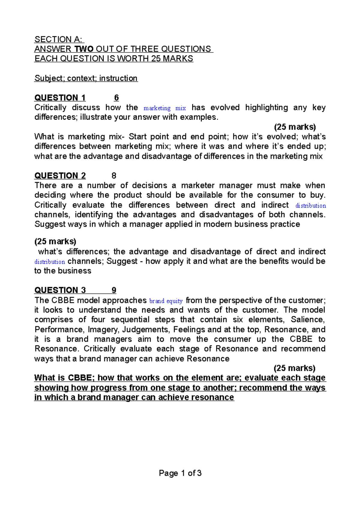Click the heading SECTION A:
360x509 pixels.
pyautogui.click(x=59, y=39)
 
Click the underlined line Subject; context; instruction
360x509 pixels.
pyautogui.click(x=86, y=78)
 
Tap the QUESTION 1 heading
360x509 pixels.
pyautogui.click(x=60, y=98)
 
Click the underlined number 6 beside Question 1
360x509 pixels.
pyautogui.click(x=116, y=98)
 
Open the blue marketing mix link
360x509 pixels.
pyautogui.click(x=165, y=108)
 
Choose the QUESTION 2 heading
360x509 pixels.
pyautogui.click(x=60, y=176)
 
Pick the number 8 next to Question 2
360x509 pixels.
pyautogui.click(x=114, y=176)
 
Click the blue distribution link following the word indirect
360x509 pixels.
pyautogui.click(x=310, y=206)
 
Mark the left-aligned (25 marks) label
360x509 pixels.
pyautogui.click(x=55, y=241)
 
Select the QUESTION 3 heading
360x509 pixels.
pyautogui.click(x=60, y=290)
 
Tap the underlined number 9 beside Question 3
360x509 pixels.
pyautogui.click(x=114, y=290)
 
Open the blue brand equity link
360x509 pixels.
pyautogui.click(x=166, y=301)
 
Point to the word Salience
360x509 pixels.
pyautogui.click(x=307, y=320)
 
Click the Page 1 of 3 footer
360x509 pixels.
pyautogui.click(x=180, y=473)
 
